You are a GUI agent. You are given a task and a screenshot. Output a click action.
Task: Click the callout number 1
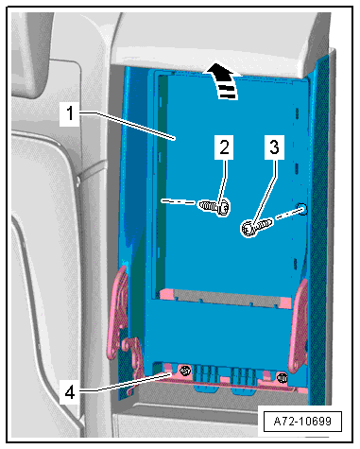[70, 113]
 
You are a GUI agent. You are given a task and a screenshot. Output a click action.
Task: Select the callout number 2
[224, 147]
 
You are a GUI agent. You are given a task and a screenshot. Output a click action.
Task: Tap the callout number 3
[274, 147]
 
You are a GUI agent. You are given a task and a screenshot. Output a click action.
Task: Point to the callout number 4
[70, 392]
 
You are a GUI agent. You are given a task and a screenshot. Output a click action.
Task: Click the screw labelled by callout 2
[214, 207]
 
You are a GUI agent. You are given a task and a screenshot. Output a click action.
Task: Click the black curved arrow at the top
[223, 80]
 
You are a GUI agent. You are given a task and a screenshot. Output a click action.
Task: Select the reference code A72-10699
[302, 421]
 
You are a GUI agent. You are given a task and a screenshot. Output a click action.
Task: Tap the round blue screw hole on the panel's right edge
[302, 209]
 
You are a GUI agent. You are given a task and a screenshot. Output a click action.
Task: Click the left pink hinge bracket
[117, 312]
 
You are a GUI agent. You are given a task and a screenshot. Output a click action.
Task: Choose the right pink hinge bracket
[299, 326]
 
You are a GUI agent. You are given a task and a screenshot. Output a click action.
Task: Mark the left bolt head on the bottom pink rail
[185, 371]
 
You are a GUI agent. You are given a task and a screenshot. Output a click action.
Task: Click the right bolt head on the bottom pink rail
[282, 377]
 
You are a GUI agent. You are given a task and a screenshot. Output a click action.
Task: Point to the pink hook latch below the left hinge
[134, 362]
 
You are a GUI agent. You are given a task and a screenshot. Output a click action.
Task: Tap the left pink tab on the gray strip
[167, 294]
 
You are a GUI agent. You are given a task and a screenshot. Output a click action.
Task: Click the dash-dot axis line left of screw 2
[178, 201]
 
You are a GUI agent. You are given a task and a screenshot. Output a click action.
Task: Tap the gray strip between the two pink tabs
[225, 299]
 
